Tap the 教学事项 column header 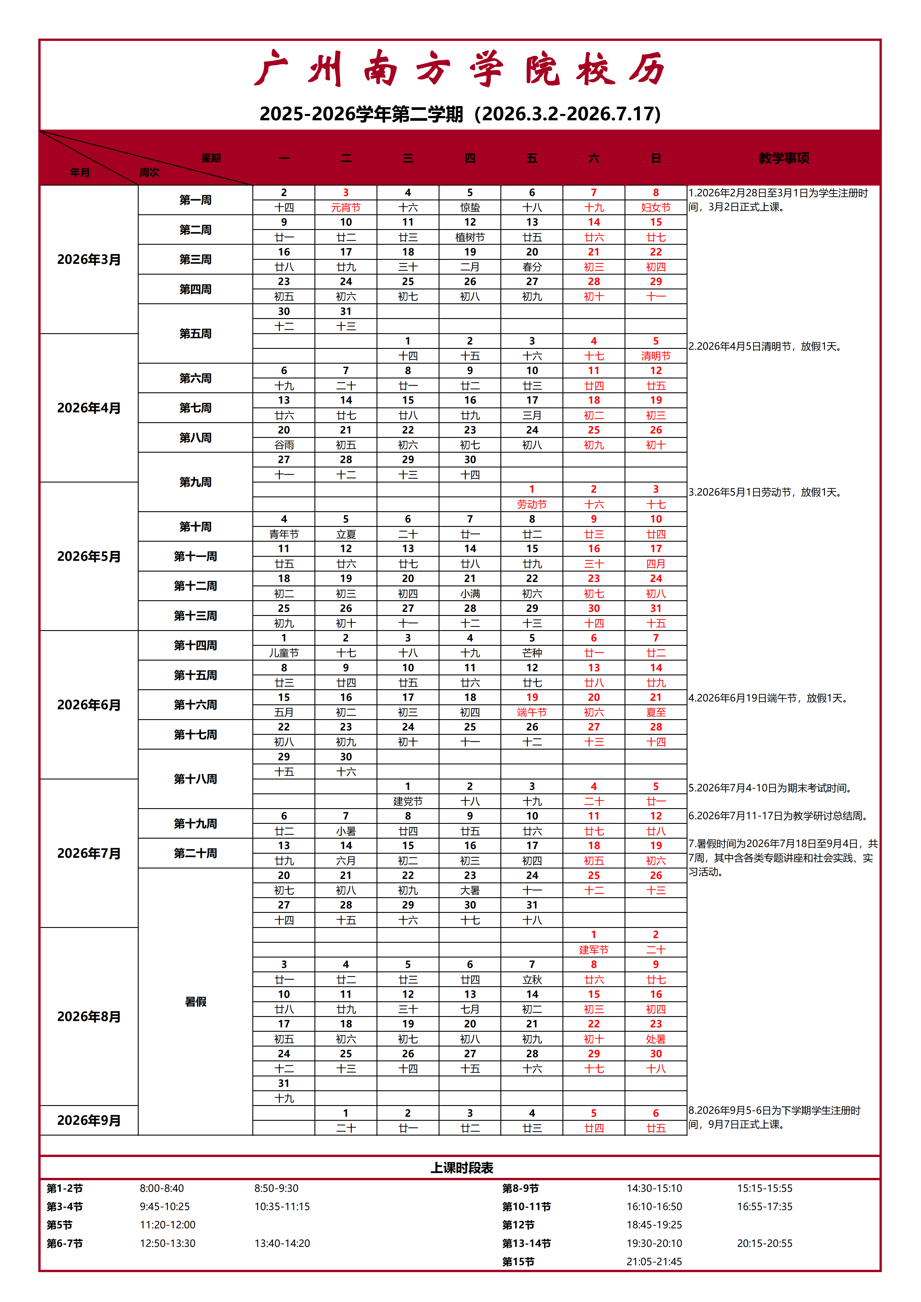coord(784,158)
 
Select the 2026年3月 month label coord(89,260)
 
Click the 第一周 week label coord(196,200)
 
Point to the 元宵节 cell coord(346,208)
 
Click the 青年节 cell coord(284,534)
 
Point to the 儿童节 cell coord(284,653)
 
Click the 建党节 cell coord(408,801)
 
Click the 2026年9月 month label coord(89,1120)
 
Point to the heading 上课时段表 coord(462,1168)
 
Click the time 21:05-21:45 coord(654,1262)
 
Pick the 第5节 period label coord(59,1225)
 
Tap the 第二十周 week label coord(196,853)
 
